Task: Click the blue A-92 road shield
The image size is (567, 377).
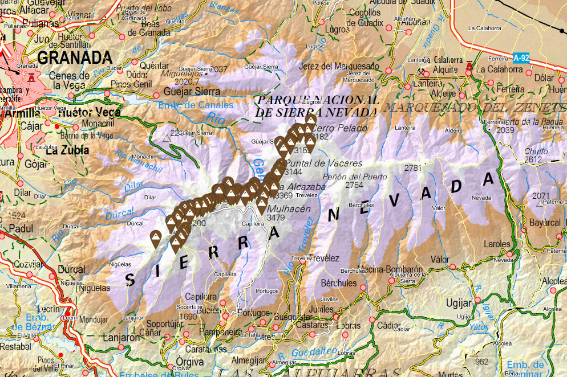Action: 520,58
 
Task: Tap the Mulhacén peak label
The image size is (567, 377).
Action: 292,208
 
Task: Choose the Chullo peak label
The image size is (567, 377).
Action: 533,151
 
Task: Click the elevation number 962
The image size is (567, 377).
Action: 481,361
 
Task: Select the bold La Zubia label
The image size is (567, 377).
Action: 67,151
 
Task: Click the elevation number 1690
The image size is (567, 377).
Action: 188,317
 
